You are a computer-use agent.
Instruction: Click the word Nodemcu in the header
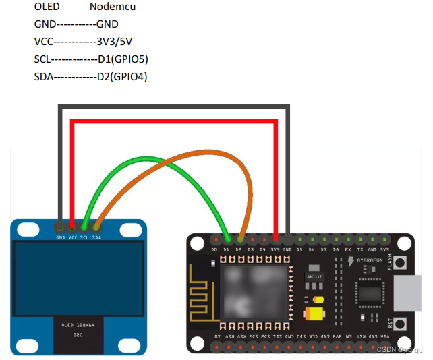coord(110,7)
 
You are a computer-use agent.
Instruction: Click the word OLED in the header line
coord(47,7)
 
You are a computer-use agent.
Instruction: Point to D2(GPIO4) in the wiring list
coord(121,76)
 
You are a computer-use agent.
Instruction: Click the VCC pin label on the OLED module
coord(72,237)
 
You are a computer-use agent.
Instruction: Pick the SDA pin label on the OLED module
coord(96,237)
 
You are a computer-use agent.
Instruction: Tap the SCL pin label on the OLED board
coord(84,237)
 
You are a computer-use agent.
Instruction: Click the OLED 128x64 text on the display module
coord(76,325)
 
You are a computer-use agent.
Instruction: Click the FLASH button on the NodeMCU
coord(401,262)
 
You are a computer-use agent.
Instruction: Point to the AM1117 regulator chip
coord(314,276)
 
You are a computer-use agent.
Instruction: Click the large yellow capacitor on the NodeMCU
coord(314,313)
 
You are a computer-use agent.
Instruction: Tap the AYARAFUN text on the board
coord(370,258)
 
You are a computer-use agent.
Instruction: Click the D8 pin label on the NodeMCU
coord(336,249)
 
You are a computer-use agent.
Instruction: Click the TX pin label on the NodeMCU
coord(360,249)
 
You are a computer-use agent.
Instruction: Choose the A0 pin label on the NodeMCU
coord(216,336)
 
